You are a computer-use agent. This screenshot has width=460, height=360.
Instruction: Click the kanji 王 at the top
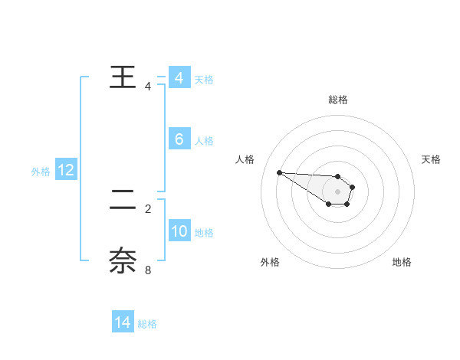coord(123,78)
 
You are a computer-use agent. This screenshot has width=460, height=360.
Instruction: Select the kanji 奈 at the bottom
coord(123,260)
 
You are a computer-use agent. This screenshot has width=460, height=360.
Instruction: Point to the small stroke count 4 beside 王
coord(148,87)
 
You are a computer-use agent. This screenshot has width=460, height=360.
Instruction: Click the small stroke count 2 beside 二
coord(148,208)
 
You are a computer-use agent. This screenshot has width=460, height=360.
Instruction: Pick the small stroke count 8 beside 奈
coord(148,269)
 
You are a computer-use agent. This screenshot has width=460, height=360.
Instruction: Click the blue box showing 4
coord(179,78)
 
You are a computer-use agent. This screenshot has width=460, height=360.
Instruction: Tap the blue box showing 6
coord(179,139)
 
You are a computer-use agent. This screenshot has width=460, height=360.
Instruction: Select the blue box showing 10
coord(179,231)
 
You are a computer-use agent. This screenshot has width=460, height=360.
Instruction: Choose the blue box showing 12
coord(66,170)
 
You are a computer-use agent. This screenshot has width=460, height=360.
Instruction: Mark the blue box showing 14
coord(122,322)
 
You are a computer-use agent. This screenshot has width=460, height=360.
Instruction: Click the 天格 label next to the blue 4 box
coord(204,79)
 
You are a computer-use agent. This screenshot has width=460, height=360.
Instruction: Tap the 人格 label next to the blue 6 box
coord(204,141)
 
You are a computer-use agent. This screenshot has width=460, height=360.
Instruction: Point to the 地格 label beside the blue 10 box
coord(204,233)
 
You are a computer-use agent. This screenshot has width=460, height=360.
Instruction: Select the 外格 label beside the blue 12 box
coord(41,172)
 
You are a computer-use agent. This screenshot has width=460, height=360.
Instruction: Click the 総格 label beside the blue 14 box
coord(147,324)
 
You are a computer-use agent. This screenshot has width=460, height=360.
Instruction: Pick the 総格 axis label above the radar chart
coord(337,100)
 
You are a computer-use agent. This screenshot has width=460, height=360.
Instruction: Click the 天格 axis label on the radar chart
coord(431,159)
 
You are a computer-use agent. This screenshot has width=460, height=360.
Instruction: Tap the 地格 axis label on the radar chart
coord(402,262)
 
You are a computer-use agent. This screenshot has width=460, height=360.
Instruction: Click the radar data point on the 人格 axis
coord(279,172)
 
